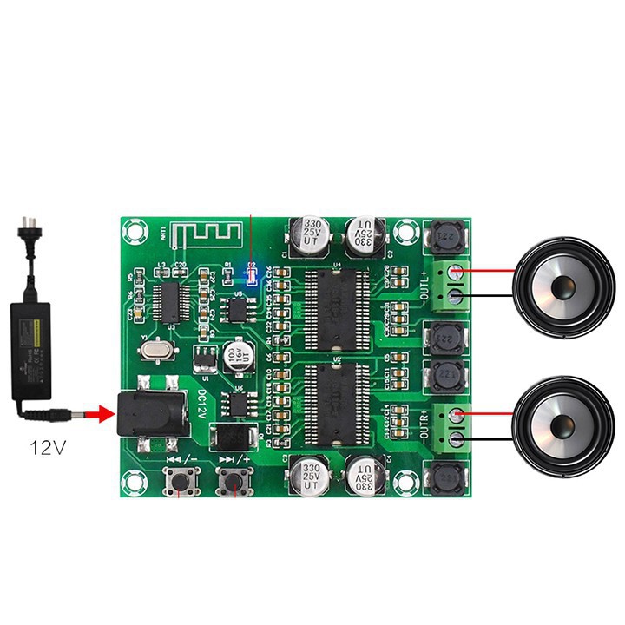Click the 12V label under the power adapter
click(x=47, y=448)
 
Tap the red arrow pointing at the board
click(x=102, y=414)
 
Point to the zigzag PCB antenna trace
click(x=207, y=234)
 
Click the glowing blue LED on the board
click(x=252, y=276)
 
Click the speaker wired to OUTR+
click(x=562, y=426)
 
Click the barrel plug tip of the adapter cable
click(x=79, y=414)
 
